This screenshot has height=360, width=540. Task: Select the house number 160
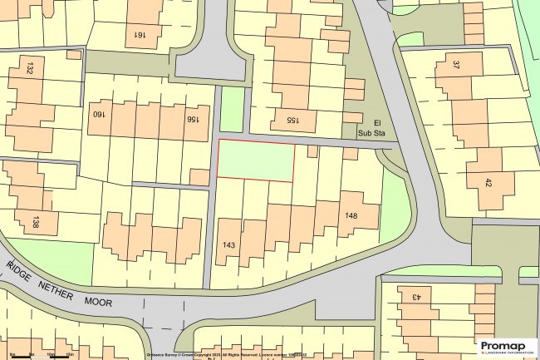point(99,118)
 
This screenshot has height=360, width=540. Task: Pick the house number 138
point(34,221)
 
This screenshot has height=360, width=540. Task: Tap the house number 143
point(230,245)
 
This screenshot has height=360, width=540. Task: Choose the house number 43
point(409,297)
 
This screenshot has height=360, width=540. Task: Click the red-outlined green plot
point(255,160)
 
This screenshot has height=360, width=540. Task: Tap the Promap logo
point(504,346)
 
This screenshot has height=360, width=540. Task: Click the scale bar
point(42,354)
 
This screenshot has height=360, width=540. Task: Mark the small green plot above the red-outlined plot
point(233,108)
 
